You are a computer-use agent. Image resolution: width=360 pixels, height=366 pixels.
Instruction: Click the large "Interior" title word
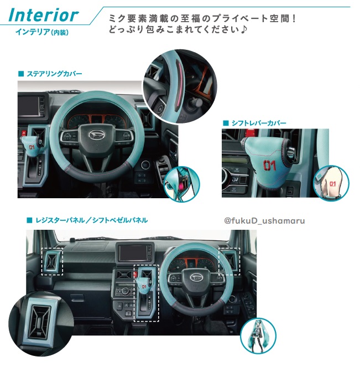pos(44,15)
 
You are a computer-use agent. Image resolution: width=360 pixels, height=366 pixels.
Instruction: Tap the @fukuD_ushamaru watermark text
pos(264,220)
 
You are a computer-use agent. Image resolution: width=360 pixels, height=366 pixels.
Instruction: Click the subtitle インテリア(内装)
pos(42,32)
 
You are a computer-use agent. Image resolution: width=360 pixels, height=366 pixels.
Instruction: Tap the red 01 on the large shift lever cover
pos(269,165)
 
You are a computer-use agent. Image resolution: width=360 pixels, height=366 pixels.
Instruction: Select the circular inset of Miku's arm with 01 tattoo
pos(331,183)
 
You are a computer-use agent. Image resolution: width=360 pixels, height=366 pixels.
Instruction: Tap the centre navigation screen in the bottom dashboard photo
pos(133,252)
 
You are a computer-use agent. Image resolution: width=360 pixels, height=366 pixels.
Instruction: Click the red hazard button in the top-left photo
pos(24,133)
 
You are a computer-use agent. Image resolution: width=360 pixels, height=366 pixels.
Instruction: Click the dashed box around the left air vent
pos(52,261)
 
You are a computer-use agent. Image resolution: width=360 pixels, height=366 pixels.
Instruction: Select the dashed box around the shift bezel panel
pos(146,293)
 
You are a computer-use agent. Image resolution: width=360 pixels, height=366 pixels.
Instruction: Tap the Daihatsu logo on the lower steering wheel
pos(196,277)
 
